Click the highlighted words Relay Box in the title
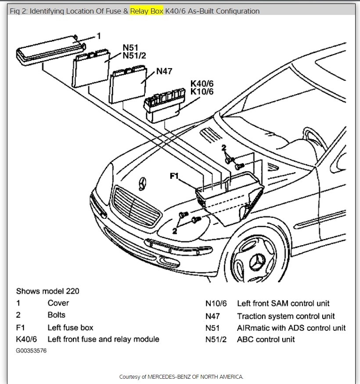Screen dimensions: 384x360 point(147,11)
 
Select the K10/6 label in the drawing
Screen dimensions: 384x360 point(202,91)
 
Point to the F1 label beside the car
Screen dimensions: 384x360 point(174,176)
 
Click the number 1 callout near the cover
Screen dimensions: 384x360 point(99,36)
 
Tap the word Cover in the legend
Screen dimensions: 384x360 point(58,303)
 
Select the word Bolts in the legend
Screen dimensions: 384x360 point(56,315)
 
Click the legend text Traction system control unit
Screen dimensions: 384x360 point(286,316)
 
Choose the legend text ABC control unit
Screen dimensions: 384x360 point(266,339)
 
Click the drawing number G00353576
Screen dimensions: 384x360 point(31,351)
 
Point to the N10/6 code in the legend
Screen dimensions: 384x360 point(216,304)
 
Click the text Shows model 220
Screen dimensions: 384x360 point(47,291)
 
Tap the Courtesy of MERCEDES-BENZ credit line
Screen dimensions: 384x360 point(181,377)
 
